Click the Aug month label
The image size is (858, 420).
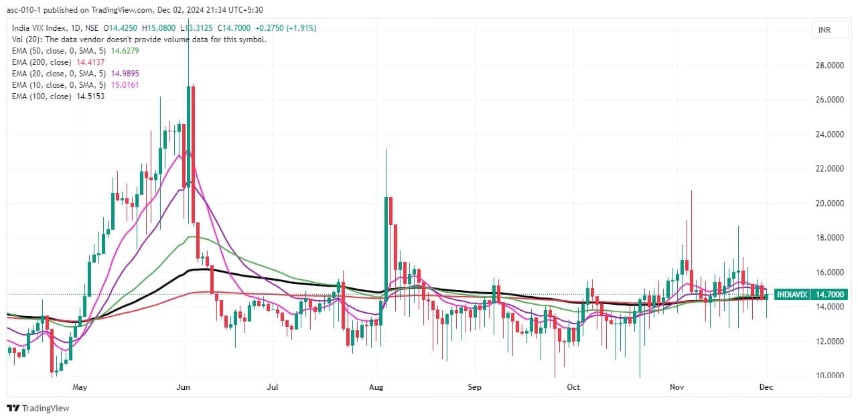[376, 387]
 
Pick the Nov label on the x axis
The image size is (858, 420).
[677, 387]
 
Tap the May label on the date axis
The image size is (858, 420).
[80, 387]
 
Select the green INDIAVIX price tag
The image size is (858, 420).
[811, 294]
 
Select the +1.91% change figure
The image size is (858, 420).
[303, 27]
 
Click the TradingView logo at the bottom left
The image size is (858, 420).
[39, 408]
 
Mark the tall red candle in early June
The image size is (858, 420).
[193, 154]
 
